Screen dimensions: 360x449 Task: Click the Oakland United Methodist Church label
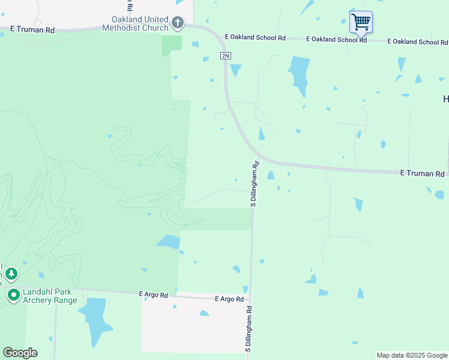(136, 23)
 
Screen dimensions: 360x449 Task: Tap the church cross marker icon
(178, 23)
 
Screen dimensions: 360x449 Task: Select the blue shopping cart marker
(361, 22)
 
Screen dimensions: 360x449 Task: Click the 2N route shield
(225, 56)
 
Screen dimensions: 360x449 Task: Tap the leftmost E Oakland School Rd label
(255, 38)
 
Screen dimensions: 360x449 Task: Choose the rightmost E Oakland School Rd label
(418, 41)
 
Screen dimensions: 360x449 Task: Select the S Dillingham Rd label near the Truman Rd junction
(254, 184)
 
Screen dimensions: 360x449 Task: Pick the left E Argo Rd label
(154, 294)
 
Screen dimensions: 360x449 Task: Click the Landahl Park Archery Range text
(50, 296)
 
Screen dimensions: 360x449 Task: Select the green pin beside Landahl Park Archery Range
(13, 295)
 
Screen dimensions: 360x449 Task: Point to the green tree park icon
(11, 274)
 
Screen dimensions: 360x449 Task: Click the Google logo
(20, 353)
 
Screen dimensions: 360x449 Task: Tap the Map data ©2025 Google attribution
(411, 355)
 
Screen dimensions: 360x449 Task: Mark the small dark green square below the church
(172, 45)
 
